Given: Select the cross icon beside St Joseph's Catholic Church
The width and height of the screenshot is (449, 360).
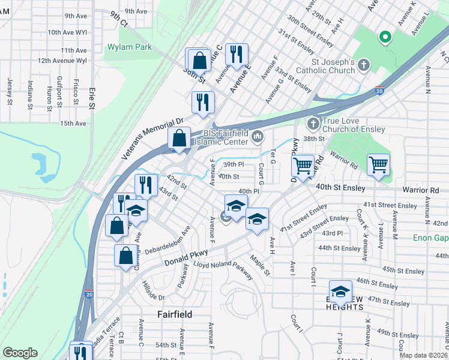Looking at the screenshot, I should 363,65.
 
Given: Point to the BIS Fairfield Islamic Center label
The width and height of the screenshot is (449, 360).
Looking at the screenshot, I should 225,137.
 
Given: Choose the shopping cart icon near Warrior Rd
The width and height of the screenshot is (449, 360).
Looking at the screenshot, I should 379,164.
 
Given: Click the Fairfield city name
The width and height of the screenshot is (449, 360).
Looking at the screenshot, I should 175,314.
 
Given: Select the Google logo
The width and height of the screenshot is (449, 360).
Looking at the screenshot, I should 20,353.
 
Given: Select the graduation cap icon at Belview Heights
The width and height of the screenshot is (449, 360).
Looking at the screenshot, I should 340,291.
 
